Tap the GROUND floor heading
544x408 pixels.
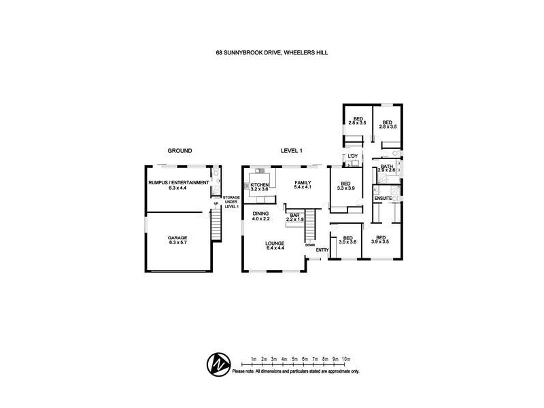pos(180,151)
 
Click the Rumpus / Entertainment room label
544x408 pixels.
pos(180,185)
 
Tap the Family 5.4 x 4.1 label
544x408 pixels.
pos(302,185)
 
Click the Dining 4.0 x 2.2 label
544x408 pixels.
pos(261,217)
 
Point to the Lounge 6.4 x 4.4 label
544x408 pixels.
pos(275,245)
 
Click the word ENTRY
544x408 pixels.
pos(322,250)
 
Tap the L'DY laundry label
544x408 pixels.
pos(352,157)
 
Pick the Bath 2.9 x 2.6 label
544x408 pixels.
pos(386,168)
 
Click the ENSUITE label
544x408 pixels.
pos(383,199)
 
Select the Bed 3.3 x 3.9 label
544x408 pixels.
pos(345,186)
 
